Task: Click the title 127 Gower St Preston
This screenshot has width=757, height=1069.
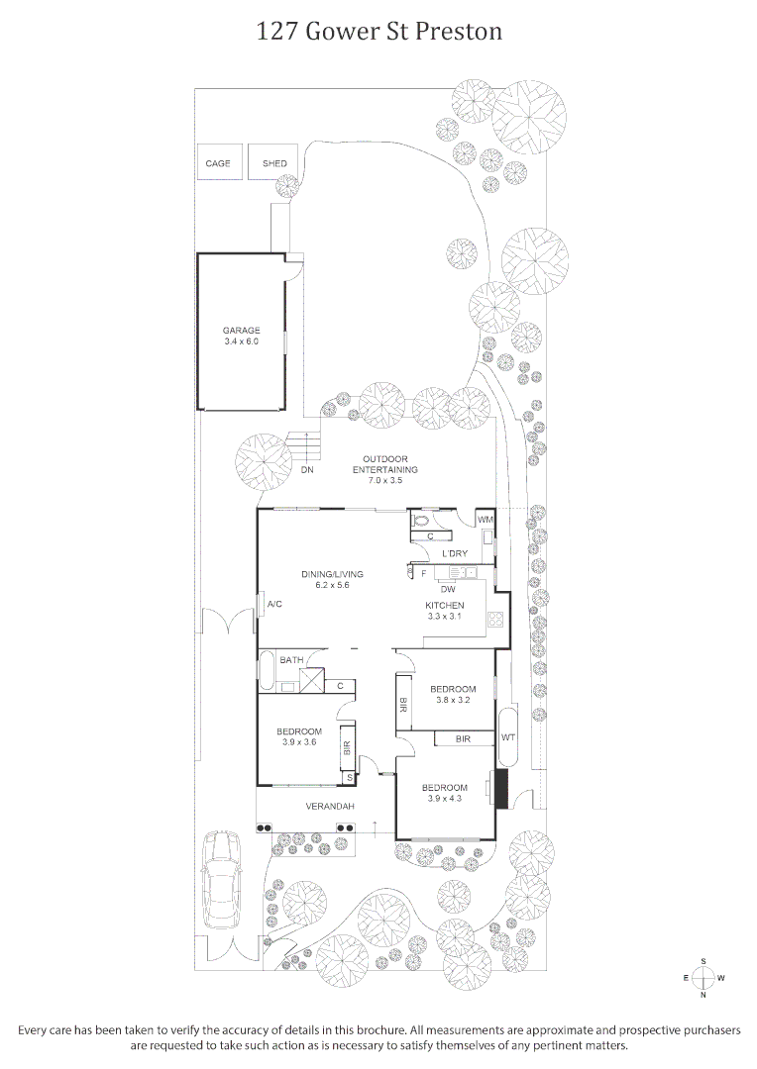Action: (x=378, y=32)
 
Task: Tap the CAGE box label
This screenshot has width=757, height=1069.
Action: (x=218, y=163)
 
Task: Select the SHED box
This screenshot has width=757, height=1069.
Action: (x=274, y=163)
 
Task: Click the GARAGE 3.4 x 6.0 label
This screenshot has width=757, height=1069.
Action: (x=241, y=336)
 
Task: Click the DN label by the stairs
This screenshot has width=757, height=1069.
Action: (x=307, y=470)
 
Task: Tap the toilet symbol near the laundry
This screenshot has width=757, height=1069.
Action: (x=421, y=520)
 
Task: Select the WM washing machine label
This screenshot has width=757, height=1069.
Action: (x=485, y=520)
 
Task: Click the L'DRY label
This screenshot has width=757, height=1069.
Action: (x=455, y=553)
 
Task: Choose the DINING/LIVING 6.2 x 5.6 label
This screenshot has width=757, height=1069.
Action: (x=333, y=579)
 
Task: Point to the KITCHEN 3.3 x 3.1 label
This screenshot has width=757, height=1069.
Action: (x=445, y=611)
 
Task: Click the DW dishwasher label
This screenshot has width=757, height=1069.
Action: (x=448, y=589)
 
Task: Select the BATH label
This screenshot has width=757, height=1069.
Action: (x=291, y=659)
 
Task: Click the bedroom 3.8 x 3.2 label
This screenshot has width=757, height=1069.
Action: (x=453, y=695)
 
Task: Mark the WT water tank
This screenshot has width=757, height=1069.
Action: (x=508, y=737)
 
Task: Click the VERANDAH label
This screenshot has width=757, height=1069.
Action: (x=330, y=807)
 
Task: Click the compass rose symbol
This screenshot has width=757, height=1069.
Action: (x=703, y=978)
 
